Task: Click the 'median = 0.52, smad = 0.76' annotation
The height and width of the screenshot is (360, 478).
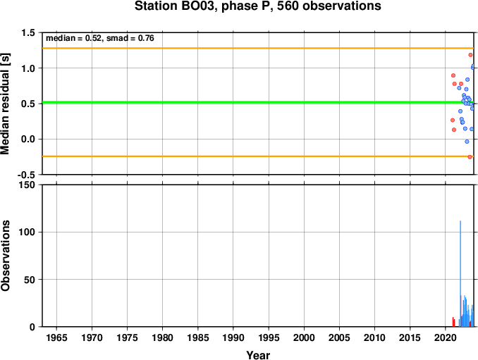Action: (x=100, y=38)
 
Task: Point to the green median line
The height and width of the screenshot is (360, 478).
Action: (x=258, y=102)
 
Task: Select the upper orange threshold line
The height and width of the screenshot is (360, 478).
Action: (x=258, y=48)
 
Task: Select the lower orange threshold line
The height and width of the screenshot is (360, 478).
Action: (x=258, y=156)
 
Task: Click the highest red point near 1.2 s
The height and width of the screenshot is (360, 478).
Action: (x=470, y=55)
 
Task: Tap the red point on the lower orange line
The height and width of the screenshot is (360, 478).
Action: (x=470, y=157)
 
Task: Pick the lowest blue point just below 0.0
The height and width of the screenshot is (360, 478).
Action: (x=467, y=142)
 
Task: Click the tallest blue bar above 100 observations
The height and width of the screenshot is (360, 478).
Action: (x=460, y=273)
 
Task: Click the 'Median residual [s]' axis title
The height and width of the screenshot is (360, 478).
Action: (x=5, y=104)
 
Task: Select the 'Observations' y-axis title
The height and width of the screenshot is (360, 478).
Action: (x=5, y=256)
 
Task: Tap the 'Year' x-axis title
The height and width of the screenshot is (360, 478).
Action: (x=258, y=355)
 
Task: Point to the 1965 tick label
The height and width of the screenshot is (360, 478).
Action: (x=56, y=337)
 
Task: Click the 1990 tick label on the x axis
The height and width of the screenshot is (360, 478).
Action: (x=233, y=337)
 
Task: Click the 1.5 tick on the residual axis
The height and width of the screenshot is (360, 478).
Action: (x=28, y=33)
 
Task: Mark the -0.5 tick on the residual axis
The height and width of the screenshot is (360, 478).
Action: (x=26, y=175)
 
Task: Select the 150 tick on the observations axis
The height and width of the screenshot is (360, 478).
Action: (x=27, y=185)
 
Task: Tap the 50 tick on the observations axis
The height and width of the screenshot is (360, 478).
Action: (x=30, y=280)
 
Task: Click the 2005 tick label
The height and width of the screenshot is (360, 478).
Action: (x=339, y=337)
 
